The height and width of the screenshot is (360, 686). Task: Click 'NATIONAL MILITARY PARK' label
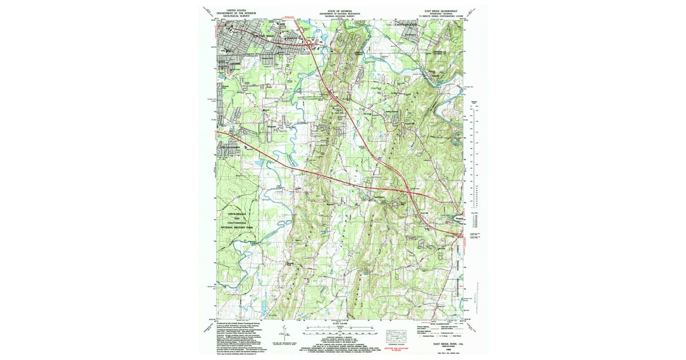click(x=237, y=228)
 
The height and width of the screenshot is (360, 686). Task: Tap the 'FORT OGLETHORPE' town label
click(x=235, y=147)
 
